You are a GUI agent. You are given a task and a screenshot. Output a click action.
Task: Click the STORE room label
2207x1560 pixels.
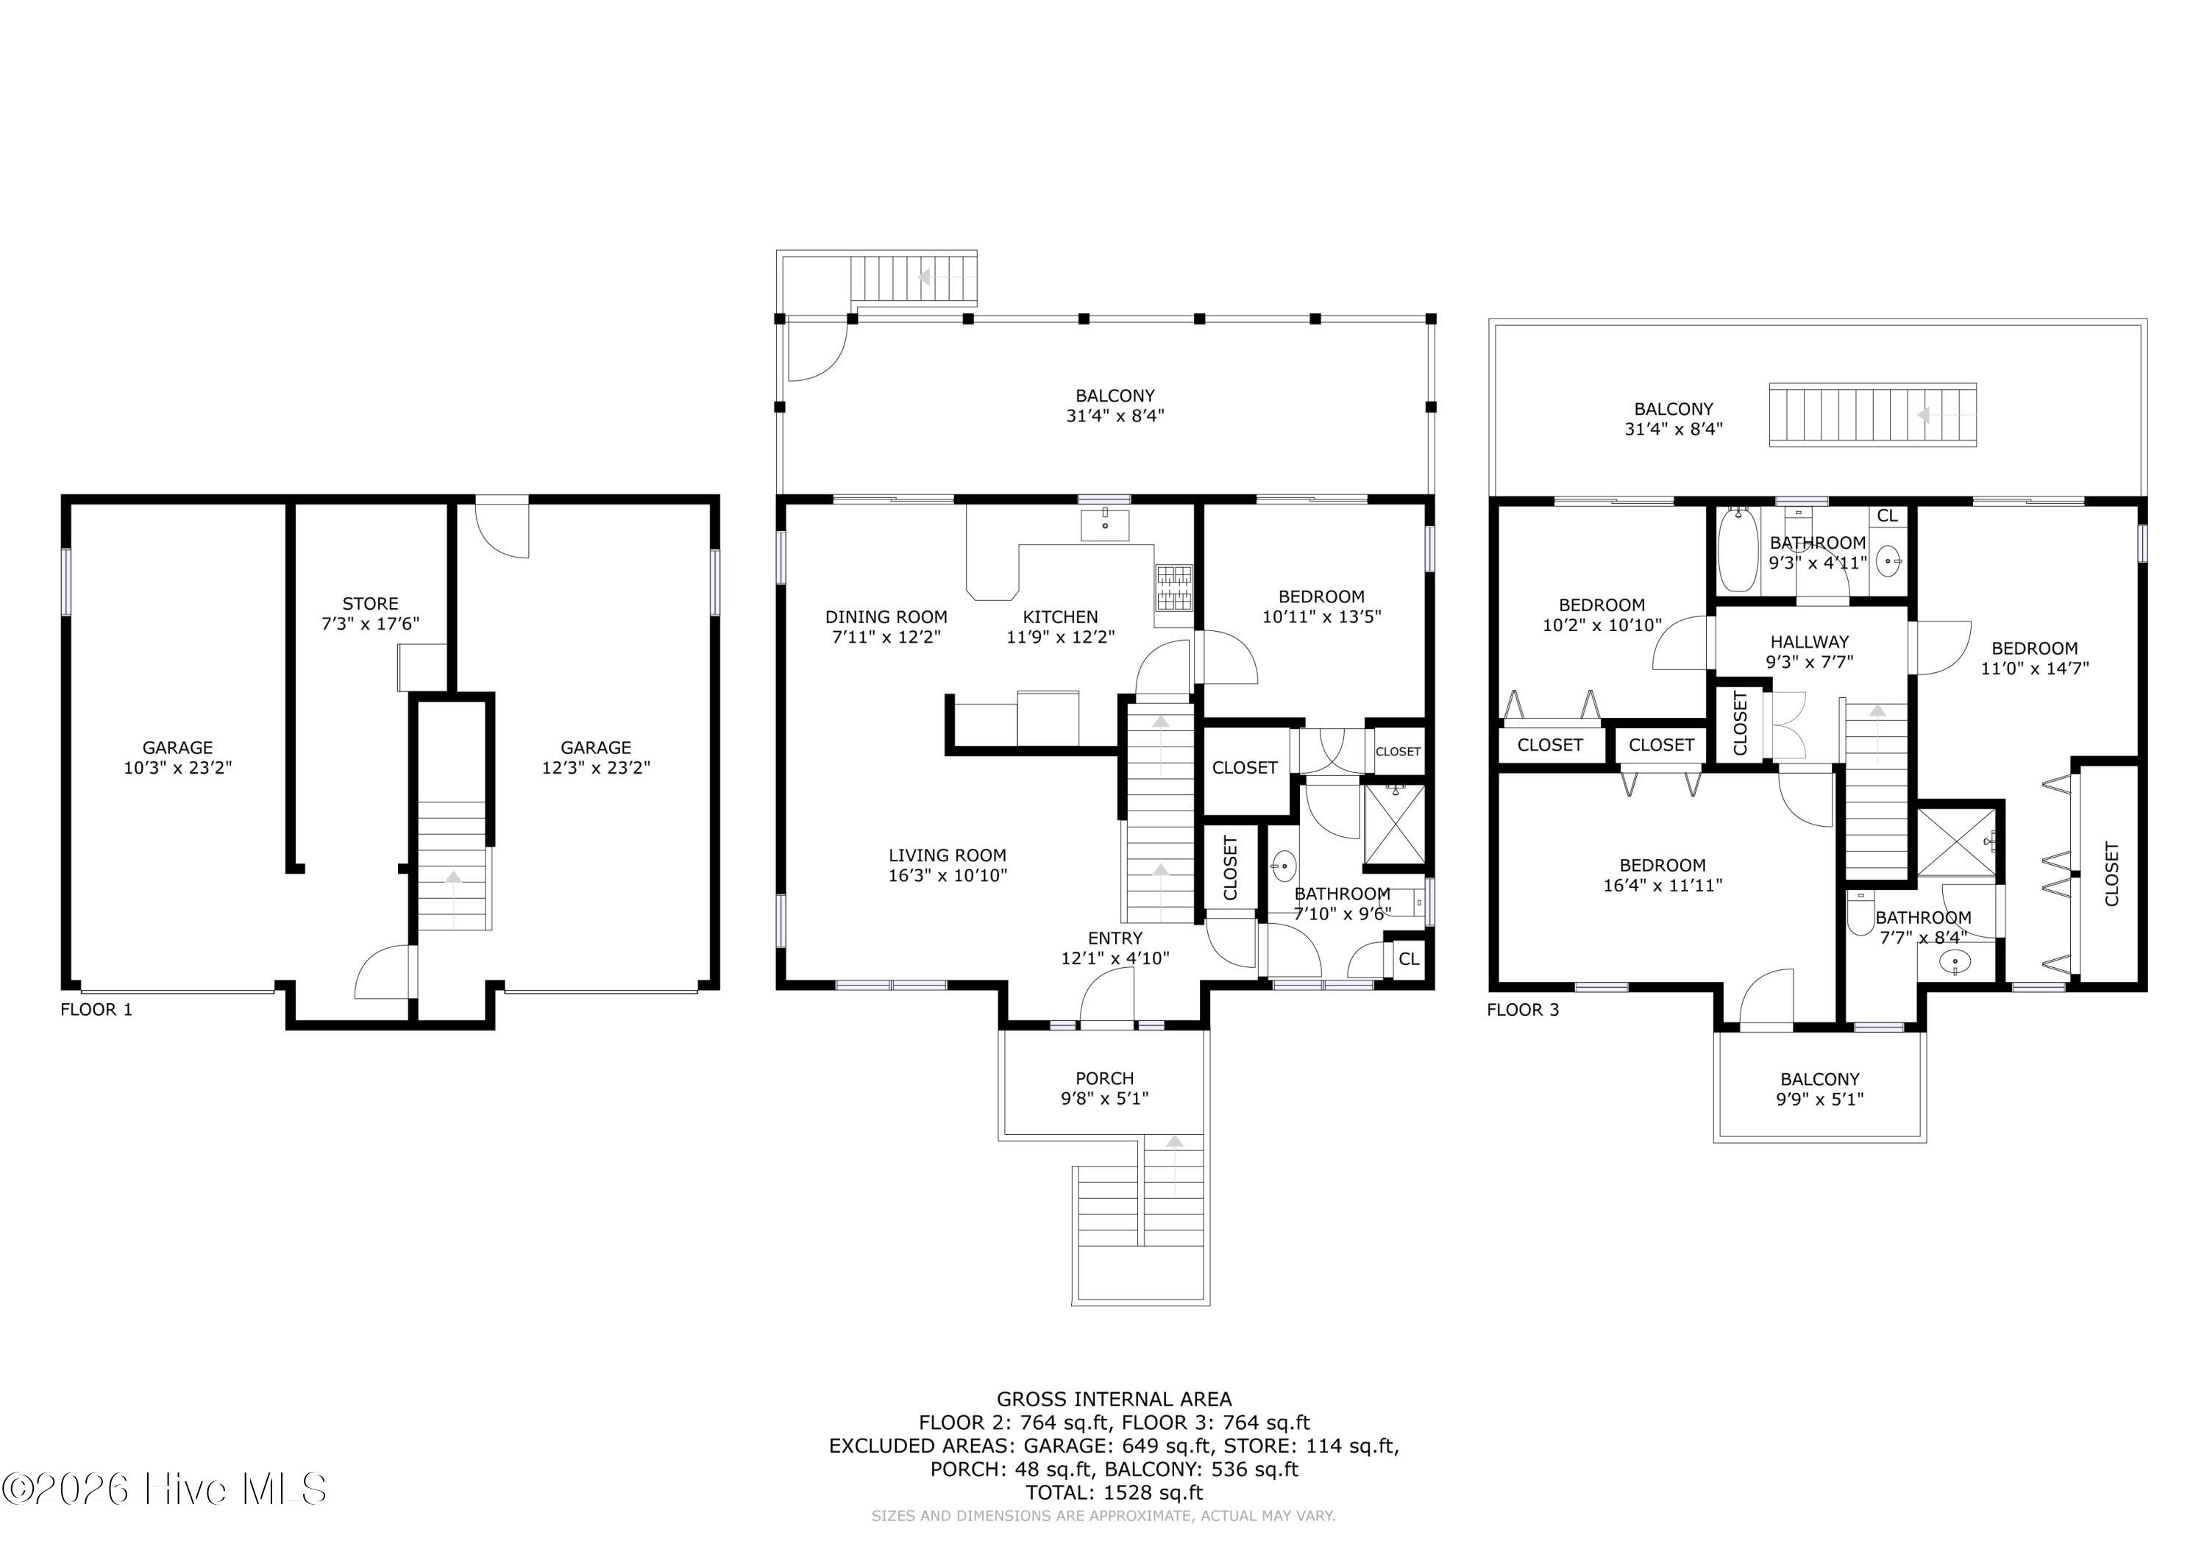(370, 605)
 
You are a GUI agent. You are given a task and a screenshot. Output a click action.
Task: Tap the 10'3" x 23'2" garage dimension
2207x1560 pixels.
(178, 768)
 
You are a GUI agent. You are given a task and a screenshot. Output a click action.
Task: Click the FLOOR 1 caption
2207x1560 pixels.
(96, 1009)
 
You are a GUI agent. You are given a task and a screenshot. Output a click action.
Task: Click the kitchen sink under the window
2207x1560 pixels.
(1104, 526)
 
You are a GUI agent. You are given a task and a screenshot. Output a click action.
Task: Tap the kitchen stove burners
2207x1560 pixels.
(1173, 588)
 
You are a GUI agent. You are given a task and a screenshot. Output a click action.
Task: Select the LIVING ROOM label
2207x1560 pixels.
(947, 855)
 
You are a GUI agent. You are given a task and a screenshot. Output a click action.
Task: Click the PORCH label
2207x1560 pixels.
(1104, 1078)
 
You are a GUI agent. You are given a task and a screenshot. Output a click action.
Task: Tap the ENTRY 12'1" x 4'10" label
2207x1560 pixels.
(1115, 948)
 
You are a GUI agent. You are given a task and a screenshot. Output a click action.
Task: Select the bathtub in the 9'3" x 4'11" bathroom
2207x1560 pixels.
(1738, 551)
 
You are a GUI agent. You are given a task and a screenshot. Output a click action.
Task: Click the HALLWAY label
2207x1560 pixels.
(1809, 642)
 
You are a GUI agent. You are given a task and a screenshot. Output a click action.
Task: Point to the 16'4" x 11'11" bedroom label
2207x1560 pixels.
(1662, 875)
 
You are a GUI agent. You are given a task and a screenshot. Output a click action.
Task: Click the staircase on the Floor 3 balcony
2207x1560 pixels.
(1872, 416)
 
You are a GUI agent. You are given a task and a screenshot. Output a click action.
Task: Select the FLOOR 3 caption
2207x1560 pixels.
(1523, 1009)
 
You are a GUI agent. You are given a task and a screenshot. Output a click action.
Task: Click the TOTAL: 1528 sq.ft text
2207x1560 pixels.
(1114, 1493)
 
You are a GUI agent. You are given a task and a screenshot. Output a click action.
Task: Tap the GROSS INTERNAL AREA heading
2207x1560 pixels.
(1114, 1400)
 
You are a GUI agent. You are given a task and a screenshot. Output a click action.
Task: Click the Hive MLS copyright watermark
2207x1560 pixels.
(163, 1489)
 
